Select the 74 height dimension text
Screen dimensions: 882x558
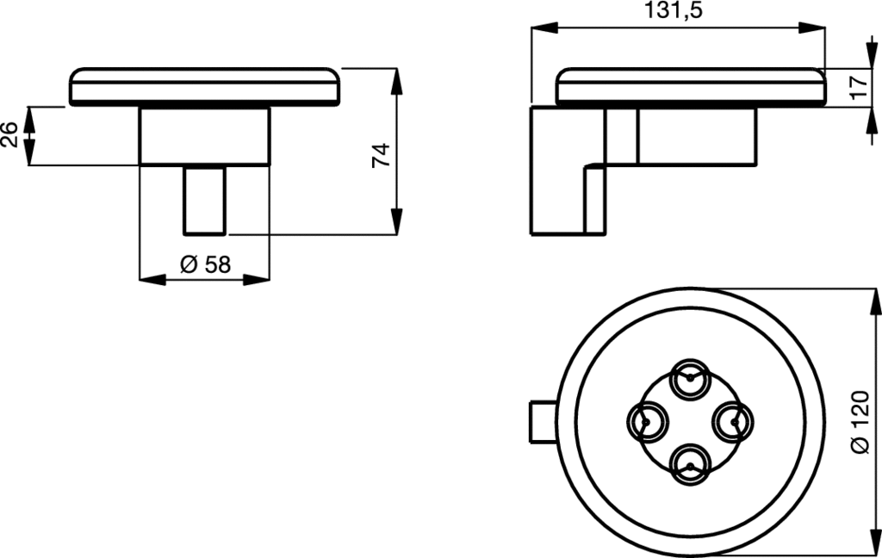382,155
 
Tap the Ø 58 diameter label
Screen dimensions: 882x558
205,263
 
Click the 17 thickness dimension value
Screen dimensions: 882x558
860,87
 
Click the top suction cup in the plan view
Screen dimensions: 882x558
690,379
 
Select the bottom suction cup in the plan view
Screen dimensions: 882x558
690,465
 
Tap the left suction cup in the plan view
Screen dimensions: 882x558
648,422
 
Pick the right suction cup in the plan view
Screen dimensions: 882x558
733,422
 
